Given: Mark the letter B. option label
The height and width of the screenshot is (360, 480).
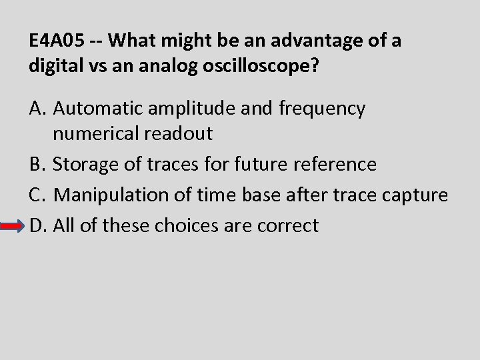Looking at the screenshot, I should (x=37, y=164).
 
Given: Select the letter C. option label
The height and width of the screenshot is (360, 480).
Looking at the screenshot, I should (x=37, y=195).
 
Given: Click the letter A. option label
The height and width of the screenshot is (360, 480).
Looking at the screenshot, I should (x=38, y=109).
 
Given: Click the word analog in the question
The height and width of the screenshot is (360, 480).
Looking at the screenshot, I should (x=154, y=67).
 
